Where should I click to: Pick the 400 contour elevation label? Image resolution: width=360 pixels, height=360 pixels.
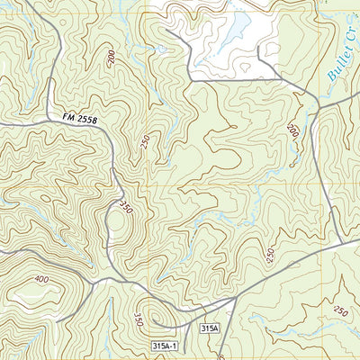(x=41, y=280)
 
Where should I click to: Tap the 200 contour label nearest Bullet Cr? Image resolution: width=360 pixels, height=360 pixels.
(x=292, y=131)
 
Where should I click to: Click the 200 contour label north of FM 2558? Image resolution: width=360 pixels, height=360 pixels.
(x=110, y=58)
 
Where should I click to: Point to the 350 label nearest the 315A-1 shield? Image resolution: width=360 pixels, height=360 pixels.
(x=137, y=319)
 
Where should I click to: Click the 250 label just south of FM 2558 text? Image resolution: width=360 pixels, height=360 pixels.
(x=144, y=145)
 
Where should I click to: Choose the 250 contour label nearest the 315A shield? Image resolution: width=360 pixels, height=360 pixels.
(x=269, y=256)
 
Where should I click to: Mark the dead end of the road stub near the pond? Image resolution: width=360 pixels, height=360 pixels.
(x=259, y=47)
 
